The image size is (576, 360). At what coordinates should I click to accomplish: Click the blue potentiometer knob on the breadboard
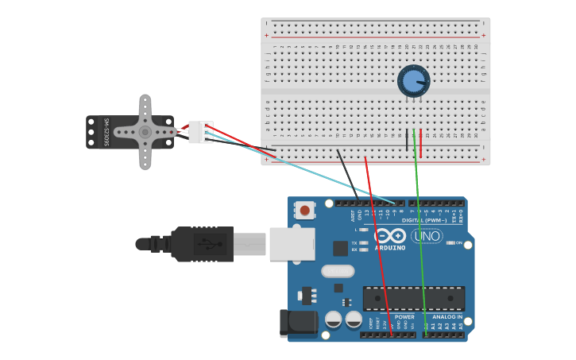tap(413, 81)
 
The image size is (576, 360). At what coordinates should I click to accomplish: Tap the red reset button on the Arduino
tap(303, 211)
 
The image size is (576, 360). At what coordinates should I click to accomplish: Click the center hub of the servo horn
tap(145, 132)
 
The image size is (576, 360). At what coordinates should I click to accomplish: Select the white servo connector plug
tap(201, 132)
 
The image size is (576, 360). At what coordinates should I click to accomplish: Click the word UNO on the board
tap(427, 236)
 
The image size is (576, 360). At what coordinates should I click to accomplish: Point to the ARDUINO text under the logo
tap(390, 248)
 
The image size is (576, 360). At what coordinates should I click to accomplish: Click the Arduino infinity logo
tap(390, 236)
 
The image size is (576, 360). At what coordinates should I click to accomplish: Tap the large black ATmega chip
tap(413, 298)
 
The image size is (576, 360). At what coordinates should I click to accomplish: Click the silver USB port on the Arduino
tap(292, 244)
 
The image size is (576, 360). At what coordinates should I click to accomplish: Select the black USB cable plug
tap(203, 244)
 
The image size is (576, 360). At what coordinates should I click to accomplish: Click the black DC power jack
tap(297, 323)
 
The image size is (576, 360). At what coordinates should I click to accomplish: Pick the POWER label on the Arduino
tap(404, 316)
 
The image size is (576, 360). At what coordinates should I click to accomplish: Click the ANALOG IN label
tap(446, 316)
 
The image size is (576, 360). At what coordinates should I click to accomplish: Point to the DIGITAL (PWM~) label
tap(424, 220)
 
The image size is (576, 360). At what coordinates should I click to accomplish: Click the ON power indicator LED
tap(450, 243)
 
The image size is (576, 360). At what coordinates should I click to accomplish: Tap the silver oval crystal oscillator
tap(338, 271)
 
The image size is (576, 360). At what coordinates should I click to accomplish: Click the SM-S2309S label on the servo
tap(106, 132)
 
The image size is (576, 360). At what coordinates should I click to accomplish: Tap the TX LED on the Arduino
tap(363, 243)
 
